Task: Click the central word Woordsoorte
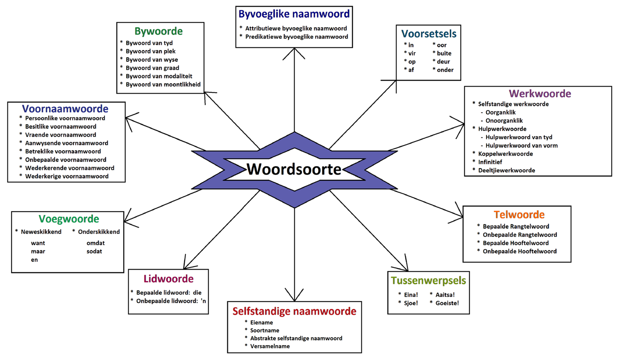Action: pyautogui.click(x=294, y=169)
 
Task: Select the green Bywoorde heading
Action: pyautogui.click(x=159, y=31)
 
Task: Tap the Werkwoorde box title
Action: pyautogui.click(x=540, y=94)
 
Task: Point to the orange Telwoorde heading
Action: pyautogui.click(x=519, y=215)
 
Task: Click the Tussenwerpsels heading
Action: pyautogui.click(x=429, y=281)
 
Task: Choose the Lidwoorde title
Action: pyautogui.click(x=169, y=279)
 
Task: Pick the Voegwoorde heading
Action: pyautogui.click(x=69, y=219)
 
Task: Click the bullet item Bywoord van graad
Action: pyautogui.click(x=152, y=68)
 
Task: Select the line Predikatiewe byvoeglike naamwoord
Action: pyautogui.click(x=297, y=37)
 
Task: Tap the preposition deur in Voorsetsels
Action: pyautogui.click(x=443, y=61)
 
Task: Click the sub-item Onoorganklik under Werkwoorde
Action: pyautogui.click(x=504, y=121)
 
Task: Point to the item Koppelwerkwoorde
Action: pyautogui.click(x=506, y=154)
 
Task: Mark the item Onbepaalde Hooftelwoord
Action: pyautogui.click(x=520, y=251)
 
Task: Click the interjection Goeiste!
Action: pyautogui.click(x=447, y=303)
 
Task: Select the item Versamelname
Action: pyautogui.click(x=270, y=346)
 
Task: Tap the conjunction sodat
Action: pyautogui.click(x=94, y=251)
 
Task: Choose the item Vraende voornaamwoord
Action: pyautogui.click(x=61, y=135)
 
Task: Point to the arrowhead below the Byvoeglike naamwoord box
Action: pyautogui.click(x=294, y=51)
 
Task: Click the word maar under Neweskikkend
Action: pyautogui.click(x=38, y=251)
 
